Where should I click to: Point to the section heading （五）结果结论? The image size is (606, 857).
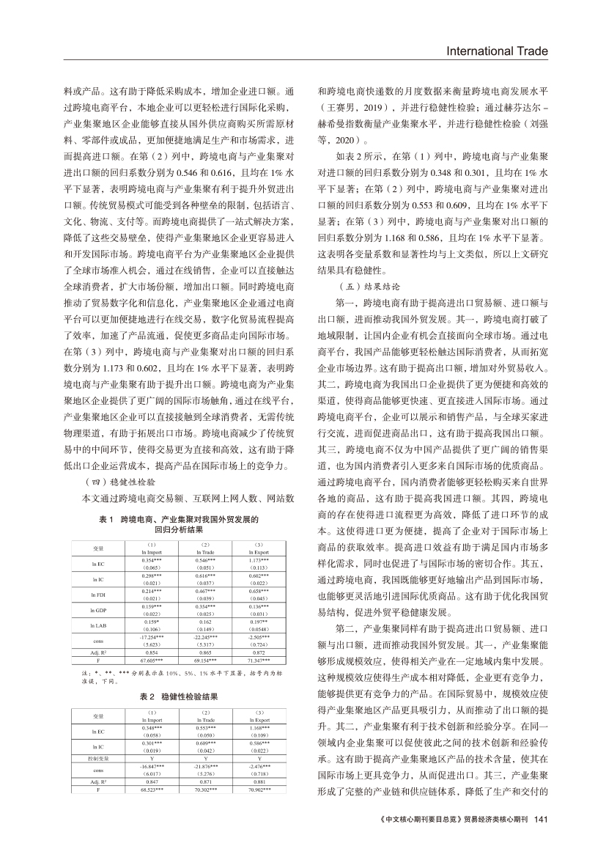tap(367, 287)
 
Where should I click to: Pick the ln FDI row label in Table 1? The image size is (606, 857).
tap(97, 596)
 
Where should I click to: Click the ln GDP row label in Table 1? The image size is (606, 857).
tap(97, 610)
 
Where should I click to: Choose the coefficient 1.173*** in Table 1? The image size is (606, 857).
tap(260, 560)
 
